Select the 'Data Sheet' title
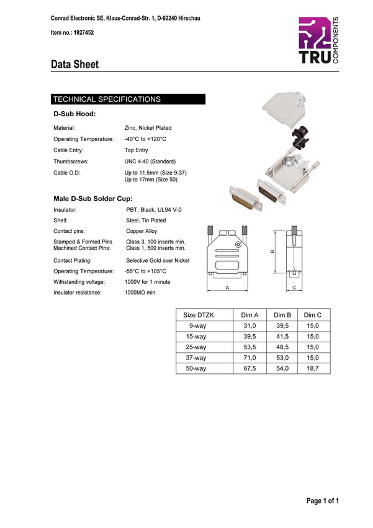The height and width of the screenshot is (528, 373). pos(74,64)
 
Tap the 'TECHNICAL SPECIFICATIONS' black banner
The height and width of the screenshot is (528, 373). pos(128,99)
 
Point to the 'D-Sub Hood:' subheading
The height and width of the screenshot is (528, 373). pos(74,114)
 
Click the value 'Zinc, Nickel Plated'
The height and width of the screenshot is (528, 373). pos(148,128)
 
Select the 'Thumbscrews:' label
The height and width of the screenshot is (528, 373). pos(71,162)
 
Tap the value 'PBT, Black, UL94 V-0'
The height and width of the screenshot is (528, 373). pos(154,211)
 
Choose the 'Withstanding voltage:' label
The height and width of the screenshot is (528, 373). pos(81,282)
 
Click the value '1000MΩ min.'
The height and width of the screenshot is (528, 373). pos(141,293)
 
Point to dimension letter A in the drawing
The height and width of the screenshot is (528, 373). pos(227,288)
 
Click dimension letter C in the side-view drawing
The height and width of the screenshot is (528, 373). pos(294,288)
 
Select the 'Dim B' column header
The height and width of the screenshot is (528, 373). pos(282,316)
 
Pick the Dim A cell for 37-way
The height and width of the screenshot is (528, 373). pos(249,358)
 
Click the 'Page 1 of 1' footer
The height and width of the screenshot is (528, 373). pos(323,501)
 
